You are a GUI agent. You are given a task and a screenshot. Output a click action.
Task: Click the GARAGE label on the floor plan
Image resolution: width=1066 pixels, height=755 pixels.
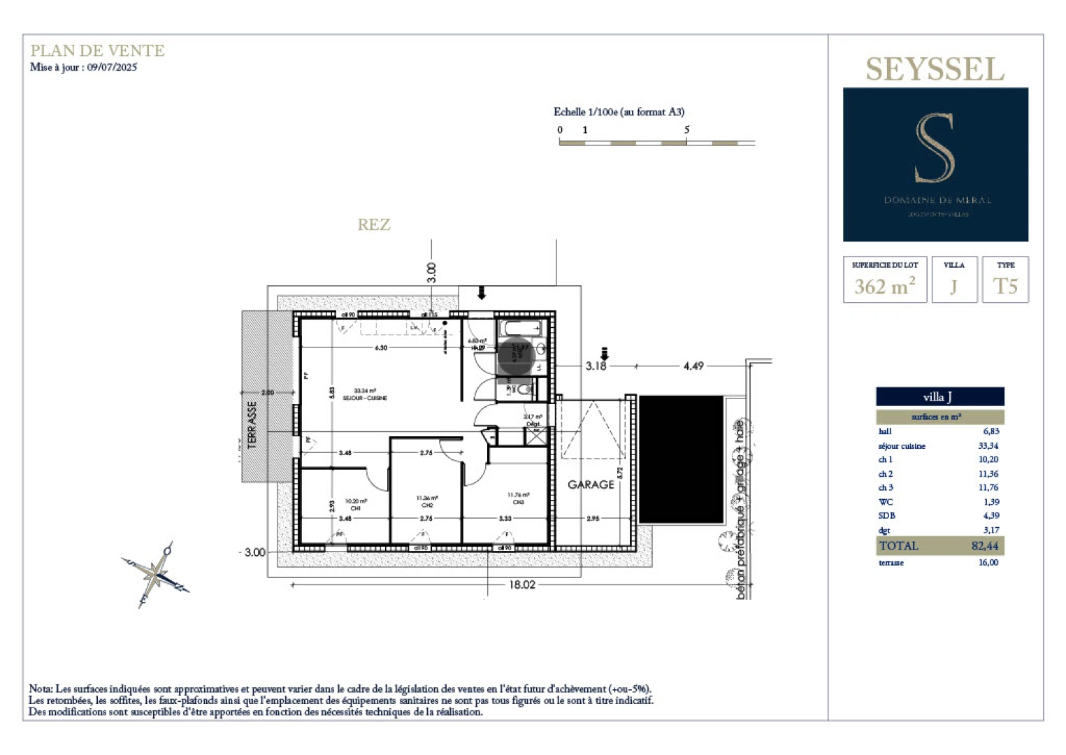point(591,484)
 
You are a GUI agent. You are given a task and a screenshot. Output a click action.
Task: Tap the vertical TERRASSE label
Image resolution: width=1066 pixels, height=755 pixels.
point(252,424)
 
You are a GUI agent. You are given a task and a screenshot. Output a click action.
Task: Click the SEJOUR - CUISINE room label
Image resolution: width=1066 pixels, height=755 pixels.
point(365,394)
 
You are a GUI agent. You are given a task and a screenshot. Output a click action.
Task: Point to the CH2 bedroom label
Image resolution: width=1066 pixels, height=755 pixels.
point(427,502)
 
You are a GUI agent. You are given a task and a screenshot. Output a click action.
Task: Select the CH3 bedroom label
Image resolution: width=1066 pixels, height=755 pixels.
point(518,498)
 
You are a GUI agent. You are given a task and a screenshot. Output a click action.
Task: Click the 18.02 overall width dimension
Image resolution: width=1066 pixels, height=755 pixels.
point(521,584)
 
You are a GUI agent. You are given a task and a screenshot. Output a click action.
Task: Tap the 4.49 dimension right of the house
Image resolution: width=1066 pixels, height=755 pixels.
point(693,366)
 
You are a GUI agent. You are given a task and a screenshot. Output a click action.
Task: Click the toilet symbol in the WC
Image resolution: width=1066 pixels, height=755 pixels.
point(524,389)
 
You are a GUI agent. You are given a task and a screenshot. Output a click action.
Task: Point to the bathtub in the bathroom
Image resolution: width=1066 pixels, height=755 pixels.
point(520,328)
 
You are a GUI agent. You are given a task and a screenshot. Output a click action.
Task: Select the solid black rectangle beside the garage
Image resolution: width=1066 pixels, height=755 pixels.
point(681,459)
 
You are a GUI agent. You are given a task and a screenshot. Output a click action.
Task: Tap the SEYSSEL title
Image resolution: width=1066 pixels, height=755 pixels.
point(935,69)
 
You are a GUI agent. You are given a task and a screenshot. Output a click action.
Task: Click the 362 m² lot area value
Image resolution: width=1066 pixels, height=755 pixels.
point(884,286)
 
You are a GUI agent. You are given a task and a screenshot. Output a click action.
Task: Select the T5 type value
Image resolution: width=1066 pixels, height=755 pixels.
point(1004,286)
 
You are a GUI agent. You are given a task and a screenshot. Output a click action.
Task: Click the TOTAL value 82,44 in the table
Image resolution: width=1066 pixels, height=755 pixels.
point(984,546)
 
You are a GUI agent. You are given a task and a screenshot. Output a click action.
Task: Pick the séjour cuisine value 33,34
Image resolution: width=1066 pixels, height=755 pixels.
point(988,446)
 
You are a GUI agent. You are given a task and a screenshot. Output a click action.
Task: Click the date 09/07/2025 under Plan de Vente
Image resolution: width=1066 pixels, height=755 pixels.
point(112,67)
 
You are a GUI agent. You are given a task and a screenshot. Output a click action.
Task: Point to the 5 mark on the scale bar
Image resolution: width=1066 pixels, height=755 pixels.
point(686,130)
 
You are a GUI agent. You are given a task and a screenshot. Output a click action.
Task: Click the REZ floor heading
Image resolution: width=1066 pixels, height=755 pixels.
point(373,224)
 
